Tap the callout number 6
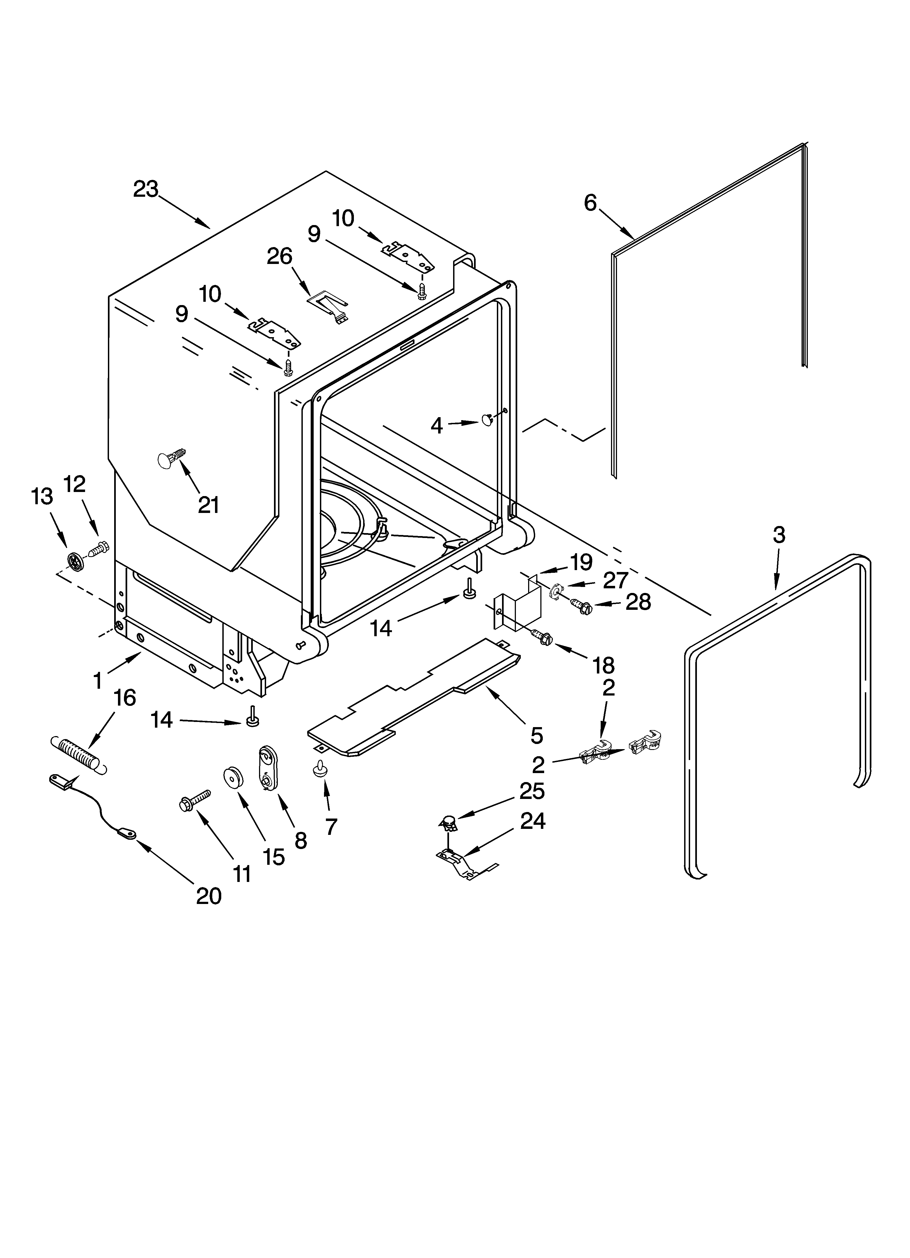[x=590, y=203]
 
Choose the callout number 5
[x=537, y=736]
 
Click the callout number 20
[x=209, y=896]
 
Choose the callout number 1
[x=98, y=681]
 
